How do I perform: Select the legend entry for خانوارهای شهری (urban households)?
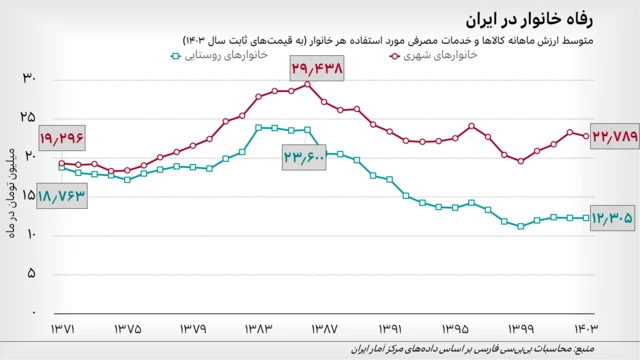pyautogui.click(x=436, y=56)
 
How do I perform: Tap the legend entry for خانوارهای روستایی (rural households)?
pyautogui.click(x=220, y=56)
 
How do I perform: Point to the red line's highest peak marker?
pyautogui.click(x=307, y=85)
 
